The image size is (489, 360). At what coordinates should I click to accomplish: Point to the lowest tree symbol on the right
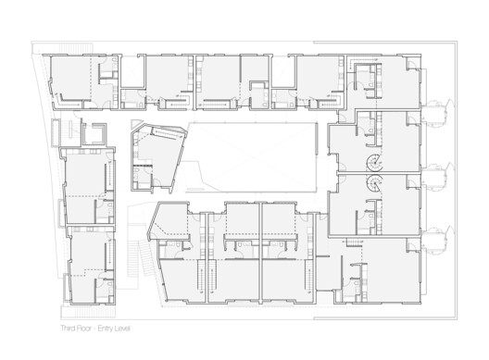(434, 230)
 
